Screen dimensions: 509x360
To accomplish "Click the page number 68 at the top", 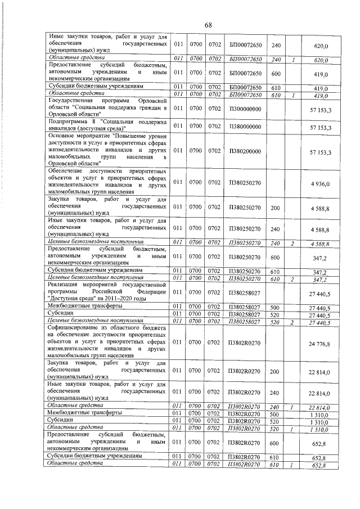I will pyautogui.click(x=208, y=25).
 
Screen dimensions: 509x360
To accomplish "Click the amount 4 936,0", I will pyautogui.click(x=319, y=183).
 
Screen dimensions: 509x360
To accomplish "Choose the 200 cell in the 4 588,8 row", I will pyautogui.click(x=276, y=208).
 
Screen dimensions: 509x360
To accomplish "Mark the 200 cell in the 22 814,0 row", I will pyautogui.click(x=276, y=372).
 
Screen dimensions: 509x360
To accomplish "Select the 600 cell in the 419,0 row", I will pyautogui.click(x=276, y=74).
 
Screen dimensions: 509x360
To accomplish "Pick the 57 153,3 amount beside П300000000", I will pyautogui.click(x=320, y=109).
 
